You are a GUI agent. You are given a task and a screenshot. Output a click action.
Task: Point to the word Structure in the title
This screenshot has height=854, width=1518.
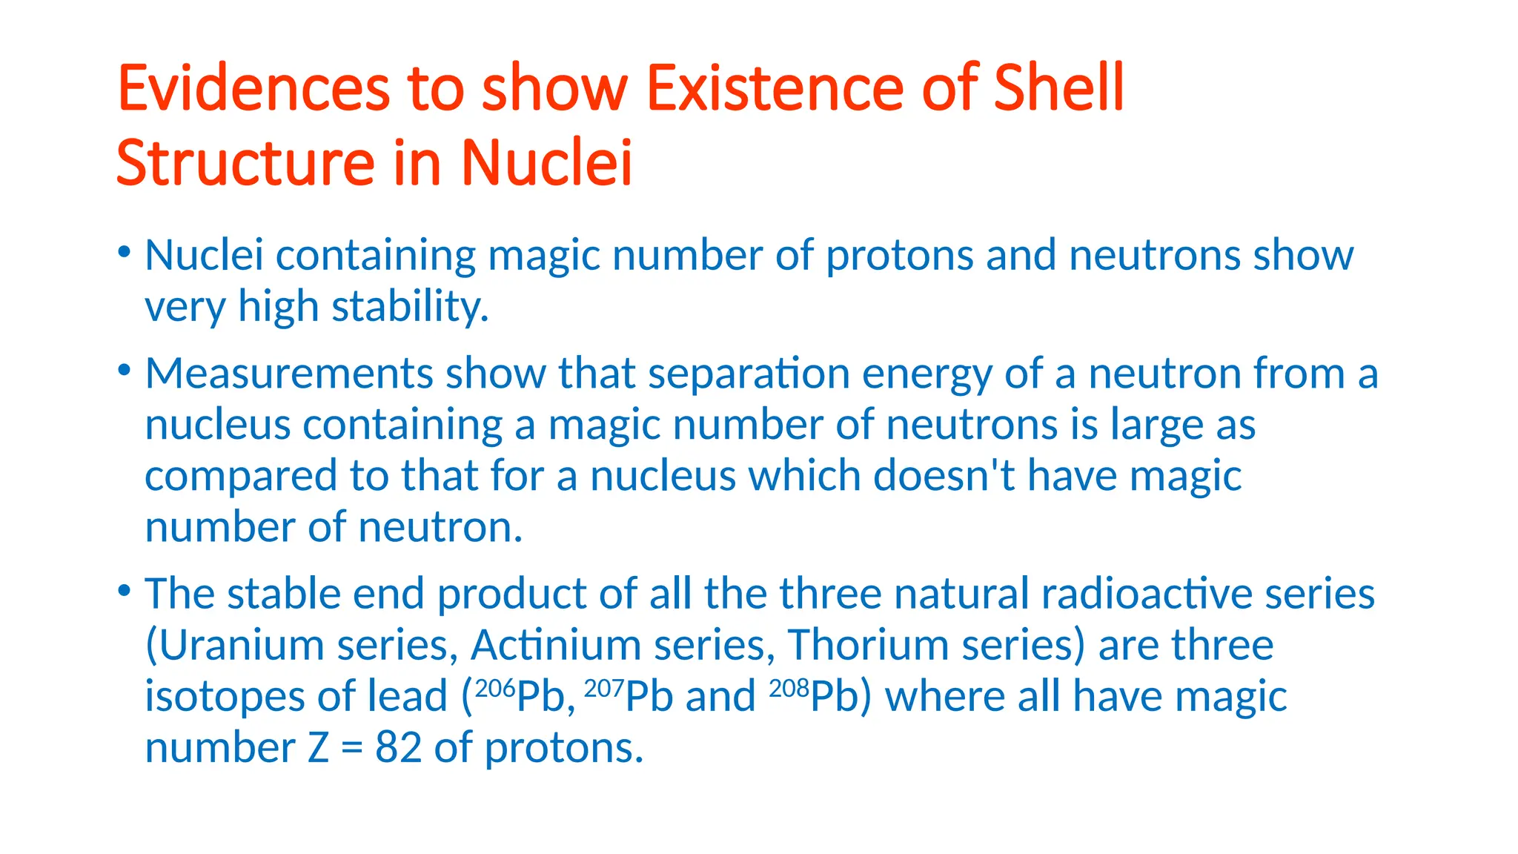pyautogui.click(x=245, y=163)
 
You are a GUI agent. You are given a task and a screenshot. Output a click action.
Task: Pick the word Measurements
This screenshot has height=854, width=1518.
pyautogui.click(x=288, y=373)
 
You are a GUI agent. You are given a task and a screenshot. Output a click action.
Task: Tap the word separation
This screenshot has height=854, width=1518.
pyautogui.click(x=749, y=373)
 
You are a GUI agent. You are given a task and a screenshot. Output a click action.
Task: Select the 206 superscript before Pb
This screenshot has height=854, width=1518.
pyautogui.click(x=494, y=689)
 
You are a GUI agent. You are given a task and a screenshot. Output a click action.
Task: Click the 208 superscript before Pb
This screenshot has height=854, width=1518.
pyautogui.click(x=789, y=689)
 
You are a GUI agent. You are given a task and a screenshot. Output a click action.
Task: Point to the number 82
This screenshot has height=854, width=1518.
pyautogui.click(x=398, y=747)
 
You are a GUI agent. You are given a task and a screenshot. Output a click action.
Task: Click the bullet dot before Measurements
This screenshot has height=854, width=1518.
pyautogui.click(x=125, y=368)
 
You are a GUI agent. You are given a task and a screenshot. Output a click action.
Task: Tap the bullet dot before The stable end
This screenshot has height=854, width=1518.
pyautogui.click(x=125, y=590)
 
